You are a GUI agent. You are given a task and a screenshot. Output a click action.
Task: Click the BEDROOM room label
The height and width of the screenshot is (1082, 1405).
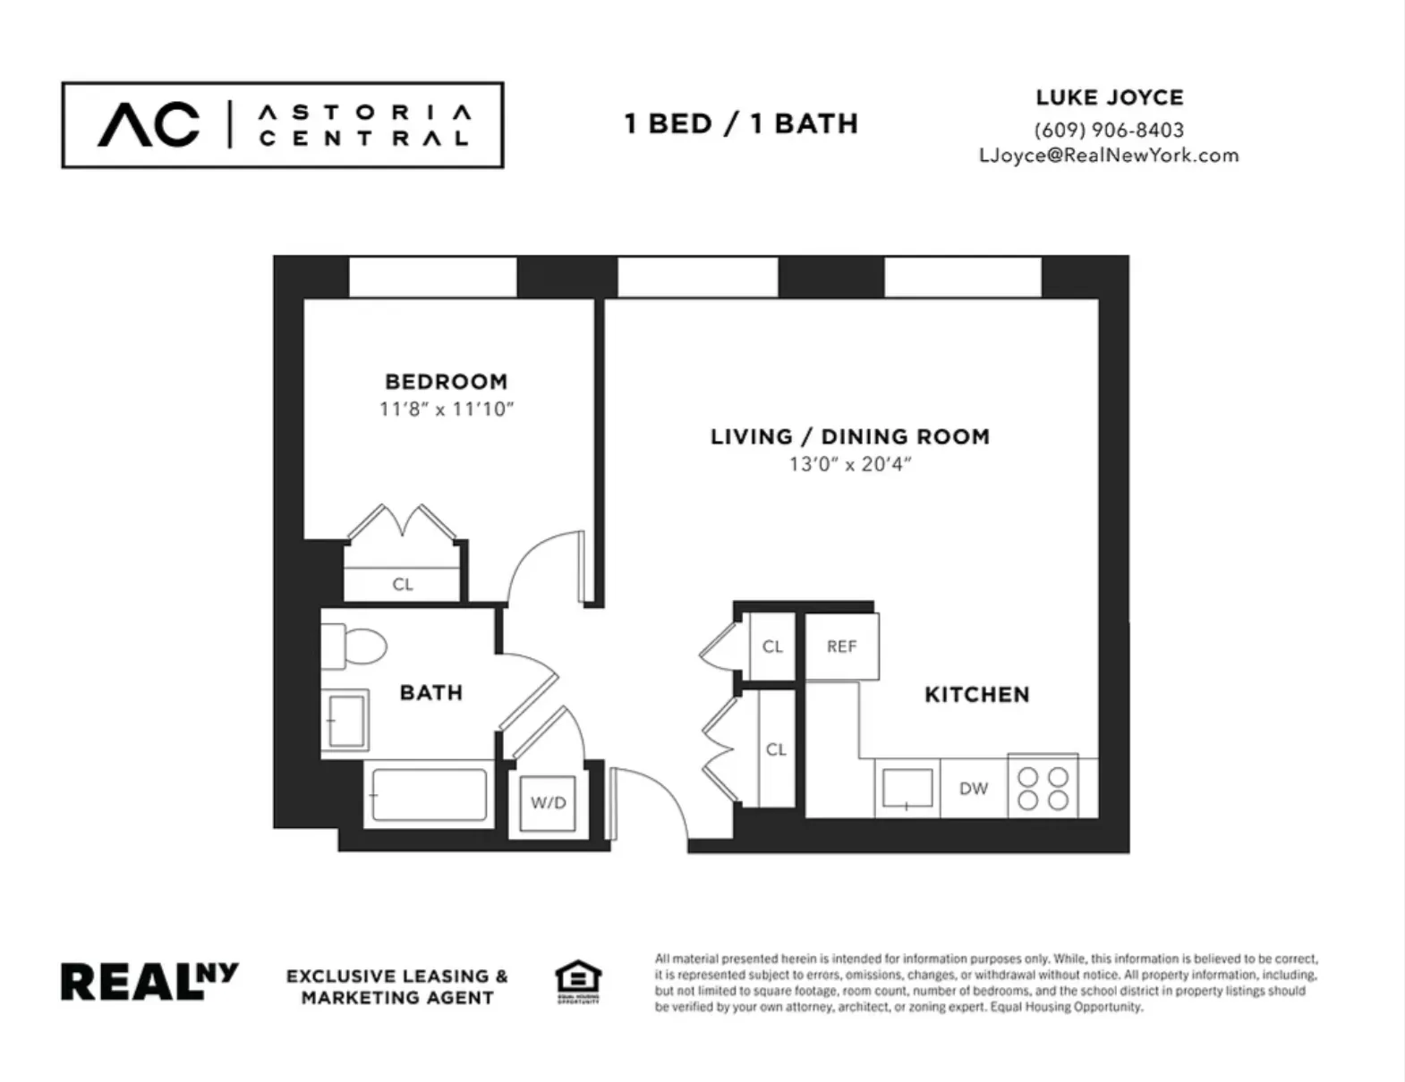pyautogui.click(x=446, y=382)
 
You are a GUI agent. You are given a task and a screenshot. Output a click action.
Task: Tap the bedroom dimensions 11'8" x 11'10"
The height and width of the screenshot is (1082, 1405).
pyautogui.click(x=446, y=410)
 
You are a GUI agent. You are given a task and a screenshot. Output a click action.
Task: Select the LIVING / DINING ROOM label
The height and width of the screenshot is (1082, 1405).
pyautogui.click(x=849, y=437)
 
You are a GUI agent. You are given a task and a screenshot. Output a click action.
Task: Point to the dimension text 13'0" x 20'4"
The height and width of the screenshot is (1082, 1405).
pyautogui.click(x=849, y=464)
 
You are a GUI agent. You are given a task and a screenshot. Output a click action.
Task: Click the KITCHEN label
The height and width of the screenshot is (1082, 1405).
pyautogui.click(x=976, y=695)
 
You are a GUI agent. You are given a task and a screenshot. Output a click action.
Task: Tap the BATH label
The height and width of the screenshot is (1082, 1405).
pyautogui.click(x=430, y=692)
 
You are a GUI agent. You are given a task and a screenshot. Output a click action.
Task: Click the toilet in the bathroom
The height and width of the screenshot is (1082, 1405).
pyautogui.click(x=355, y=645)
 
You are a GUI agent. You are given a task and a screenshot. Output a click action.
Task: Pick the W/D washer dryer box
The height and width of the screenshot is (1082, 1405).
pyautogui.click(x=548, y=803)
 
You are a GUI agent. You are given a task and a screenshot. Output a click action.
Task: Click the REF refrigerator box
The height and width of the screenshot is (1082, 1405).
pyautogui.click(x=841, y=647)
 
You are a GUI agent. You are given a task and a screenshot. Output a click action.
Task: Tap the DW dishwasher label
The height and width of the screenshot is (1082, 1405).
pyautogui.click(x=973, y=789)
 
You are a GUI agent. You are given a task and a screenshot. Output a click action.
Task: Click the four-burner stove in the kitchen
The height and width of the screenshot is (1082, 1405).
pyautogui.click(x=1043, y=788)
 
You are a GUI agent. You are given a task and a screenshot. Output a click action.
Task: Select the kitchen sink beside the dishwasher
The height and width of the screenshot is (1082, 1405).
pyautogui.click(x=907, y=789)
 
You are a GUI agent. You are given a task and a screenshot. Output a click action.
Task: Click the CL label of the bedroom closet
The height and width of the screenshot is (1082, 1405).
pyautogui.click(x=403, y=584)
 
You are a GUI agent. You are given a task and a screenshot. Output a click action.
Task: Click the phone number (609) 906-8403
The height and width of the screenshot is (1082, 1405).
pyautogui.click(x=1109, y=130)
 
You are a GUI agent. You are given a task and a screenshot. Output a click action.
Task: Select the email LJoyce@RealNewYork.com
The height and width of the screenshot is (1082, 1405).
pyautogui.click(x=1109, y=155)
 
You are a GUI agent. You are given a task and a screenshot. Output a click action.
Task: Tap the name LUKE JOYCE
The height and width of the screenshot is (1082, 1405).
pyautogui.click(x=1109, y=97)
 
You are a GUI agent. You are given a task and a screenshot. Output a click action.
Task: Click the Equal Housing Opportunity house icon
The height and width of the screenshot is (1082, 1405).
pyautogui.click(x=578, y=981)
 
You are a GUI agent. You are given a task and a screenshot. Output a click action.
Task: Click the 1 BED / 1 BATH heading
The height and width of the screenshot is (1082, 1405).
pyautogui.click(x=741, y=123)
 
